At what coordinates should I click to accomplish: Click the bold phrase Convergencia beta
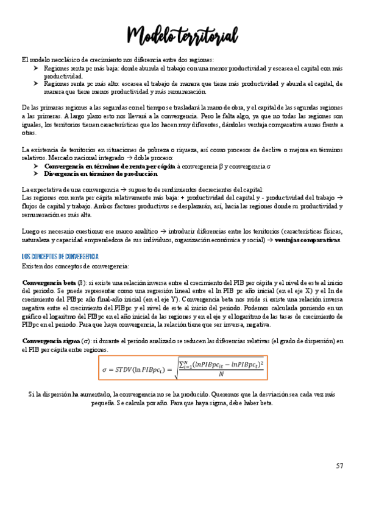49,283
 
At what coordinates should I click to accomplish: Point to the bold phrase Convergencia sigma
51,341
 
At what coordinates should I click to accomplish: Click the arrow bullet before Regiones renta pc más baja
36,69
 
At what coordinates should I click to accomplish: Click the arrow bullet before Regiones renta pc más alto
36,84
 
